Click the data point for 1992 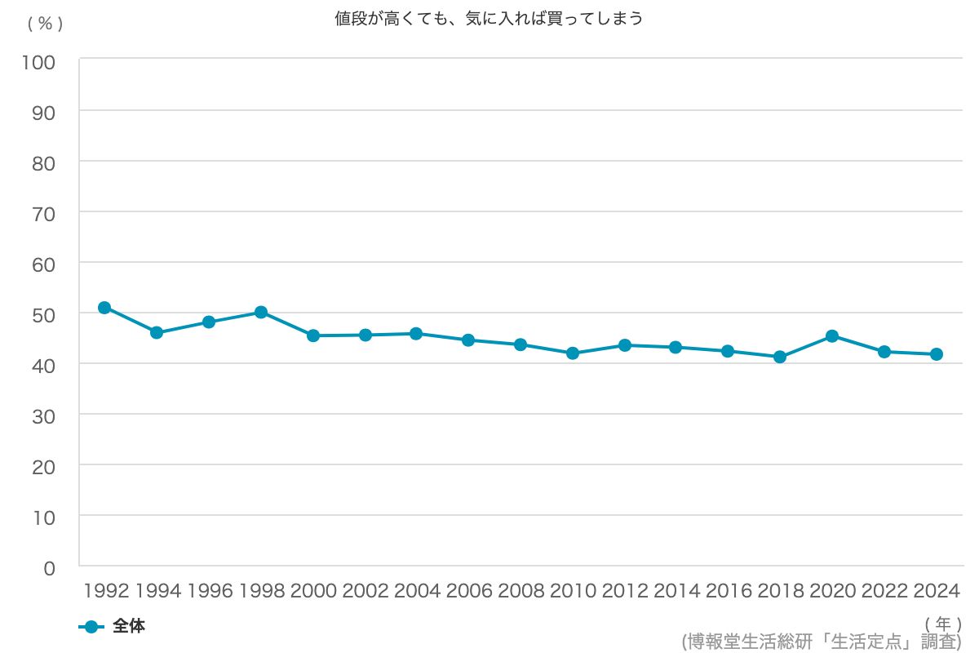[104, 308]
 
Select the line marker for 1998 [261, 312]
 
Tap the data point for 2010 [573, 353]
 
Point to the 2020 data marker [832, 335]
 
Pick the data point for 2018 [780, 357]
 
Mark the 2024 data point [937, 354]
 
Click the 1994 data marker [157, 332]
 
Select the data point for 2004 [416, 333]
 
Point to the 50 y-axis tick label [44, 314]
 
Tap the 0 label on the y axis [49, 567]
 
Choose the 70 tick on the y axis [44, 213]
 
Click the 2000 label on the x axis [313, 590]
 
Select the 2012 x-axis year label [624, 590]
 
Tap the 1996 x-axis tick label [210, 590]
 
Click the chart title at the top [489, 19]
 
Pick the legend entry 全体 [128, 627]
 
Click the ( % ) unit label [45, 24]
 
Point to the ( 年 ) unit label [944, 623]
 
